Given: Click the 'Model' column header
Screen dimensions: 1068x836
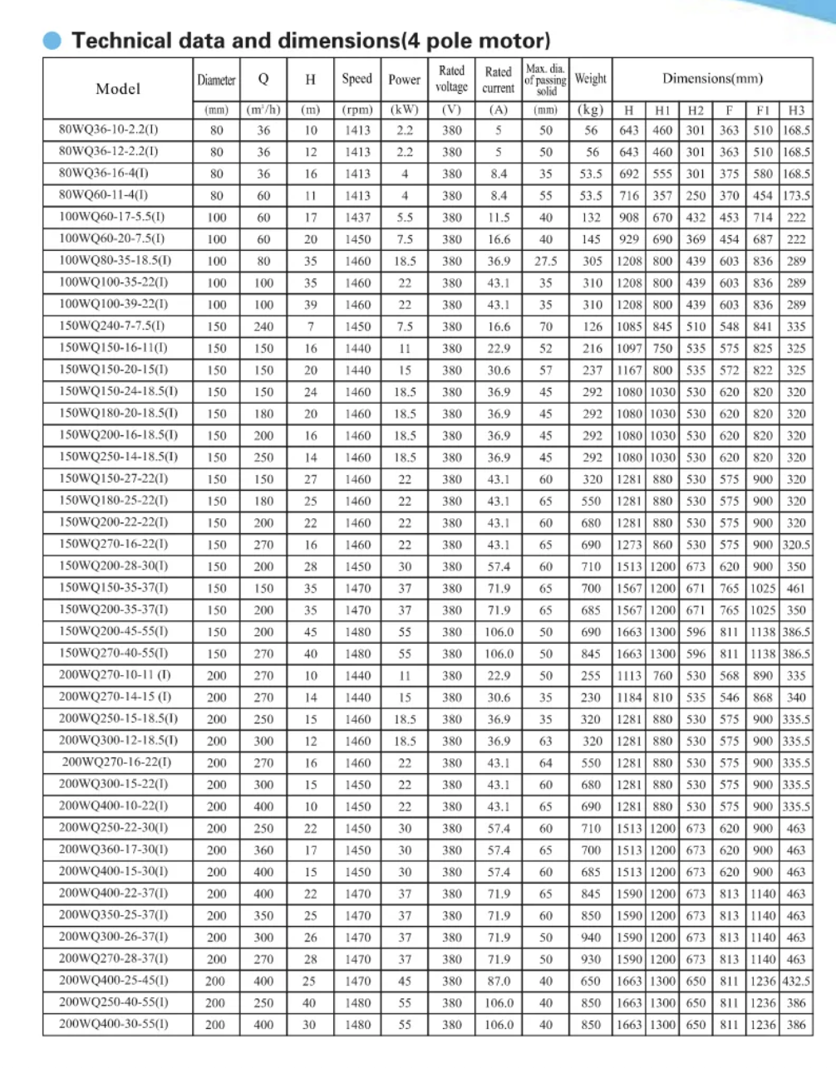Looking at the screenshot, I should [118, 88].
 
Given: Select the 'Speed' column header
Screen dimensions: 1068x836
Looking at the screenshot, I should [357, 79].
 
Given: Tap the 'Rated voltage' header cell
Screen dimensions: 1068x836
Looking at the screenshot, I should [451, 79].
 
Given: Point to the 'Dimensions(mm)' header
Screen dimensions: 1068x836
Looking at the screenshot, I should [712, 79].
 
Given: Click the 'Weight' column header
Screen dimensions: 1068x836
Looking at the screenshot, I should [590, 79].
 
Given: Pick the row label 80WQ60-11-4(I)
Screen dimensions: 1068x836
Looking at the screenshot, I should [104, 195].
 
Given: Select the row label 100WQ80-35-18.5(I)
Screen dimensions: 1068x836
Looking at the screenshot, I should [115, 261].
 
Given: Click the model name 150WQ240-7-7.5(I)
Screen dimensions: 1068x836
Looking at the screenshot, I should [112, 326].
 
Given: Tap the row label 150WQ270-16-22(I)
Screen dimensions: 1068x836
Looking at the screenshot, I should [114, 544].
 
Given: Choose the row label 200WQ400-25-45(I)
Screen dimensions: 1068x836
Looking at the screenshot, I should [114, 980].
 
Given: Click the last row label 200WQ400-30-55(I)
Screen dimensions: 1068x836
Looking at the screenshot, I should [114, 1024].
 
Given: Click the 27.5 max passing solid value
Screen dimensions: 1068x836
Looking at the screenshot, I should [545, 261].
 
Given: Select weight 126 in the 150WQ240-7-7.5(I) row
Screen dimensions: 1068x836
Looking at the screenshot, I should [592, 326].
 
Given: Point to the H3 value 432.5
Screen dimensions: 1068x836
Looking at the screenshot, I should [796, 981].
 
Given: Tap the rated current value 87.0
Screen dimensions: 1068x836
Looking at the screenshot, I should [499, 981].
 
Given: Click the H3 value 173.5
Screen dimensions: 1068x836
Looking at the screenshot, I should [796, 196].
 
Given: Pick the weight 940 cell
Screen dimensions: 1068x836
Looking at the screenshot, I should [591, 937].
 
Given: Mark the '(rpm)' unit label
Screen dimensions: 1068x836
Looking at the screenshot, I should [357, 110].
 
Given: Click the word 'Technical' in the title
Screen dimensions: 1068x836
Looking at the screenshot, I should [122, 41].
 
